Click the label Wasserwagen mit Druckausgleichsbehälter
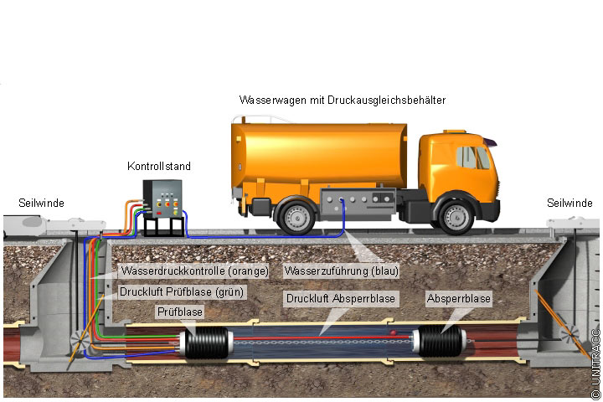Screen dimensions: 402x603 click(342, 100)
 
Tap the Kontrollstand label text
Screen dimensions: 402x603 click(154, 166)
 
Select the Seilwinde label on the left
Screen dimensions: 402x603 click(42, 203)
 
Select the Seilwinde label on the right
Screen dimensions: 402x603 click(569, 203)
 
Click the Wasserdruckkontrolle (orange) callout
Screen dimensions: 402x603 click(194, 271)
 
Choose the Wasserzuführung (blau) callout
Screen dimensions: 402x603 click(341, 271)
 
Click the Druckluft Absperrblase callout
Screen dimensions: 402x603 click(341, 298)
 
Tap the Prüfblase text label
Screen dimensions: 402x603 click(180, 312)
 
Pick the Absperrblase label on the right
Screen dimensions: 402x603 click(458, 298)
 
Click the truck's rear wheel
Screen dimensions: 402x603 click(296, 216)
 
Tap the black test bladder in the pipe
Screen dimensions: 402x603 click(205, 344)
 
